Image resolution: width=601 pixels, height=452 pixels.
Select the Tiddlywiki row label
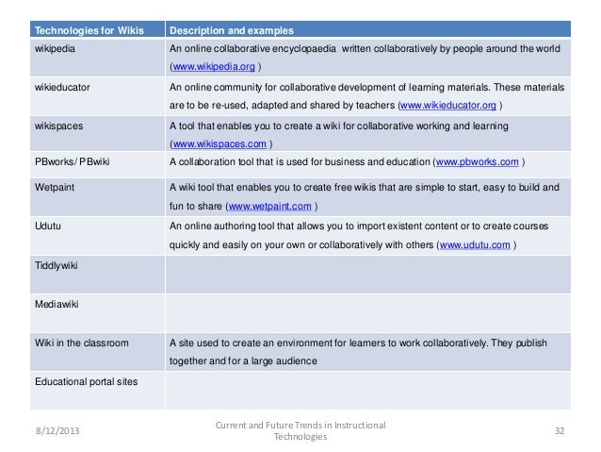[x=56, y=266]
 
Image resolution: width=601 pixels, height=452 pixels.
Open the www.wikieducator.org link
[x=449, y=105]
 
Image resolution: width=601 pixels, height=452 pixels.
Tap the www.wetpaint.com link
[x=269, y=207]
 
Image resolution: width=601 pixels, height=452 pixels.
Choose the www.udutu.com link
[x=476, y=245]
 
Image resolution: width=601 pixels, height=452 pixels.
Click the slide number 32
[x=559, y=431]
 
